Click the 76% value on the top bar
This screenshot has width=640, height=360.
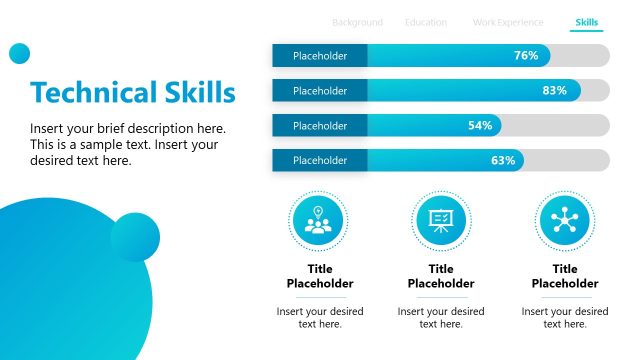[x=526, y=56]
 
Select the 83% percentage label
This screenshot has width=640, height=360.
[x=554, y=91]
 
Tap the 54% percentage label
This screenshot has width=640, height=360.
[x=480, y=126]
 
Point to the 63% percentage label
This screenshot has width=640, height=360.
[x=502, y=160]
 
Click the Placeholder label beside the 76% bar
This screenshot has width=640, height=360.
[x=320, y=56]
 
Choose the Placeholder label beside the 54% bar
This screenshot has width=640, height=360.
[x=320, y=126]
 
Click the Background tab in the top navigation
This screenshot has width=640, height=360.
[x=357, y=22]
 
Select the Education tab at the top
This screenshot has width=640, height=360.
[x=426, y=22]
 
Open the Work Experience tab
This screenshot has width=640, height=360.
[x=508, y=22]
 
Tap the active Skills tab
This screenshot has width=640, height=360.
[x=587, y=22]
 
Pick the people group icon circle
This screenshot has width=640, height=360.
[x=318, y=220]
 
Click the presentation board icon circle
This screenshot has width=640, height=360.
[x=441, y=220]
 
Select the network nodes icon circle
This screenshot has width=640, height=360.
[x=565, y=220]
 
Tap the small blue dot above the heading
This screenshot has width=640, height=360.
[x=19, y=54]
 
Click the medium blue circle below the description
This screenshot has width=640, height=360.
[x=135, y=237]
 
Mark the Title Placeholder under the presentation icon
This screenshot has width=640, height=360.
[x=441, y=276]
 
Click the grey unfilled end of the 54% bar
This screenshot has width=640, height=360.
[x=555, y=126]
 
